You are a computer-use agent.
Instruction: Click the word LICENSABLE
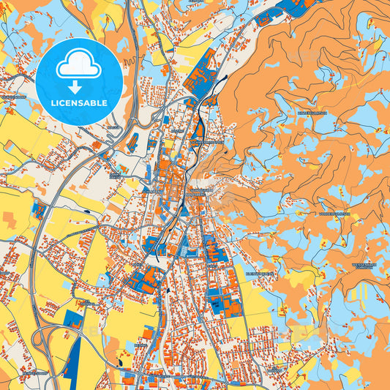[79, 102]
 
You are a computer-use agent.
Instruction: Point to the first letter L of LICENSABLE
[53, 102]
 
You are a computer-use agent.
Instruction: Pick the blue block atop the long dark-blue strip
[74, 320]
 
